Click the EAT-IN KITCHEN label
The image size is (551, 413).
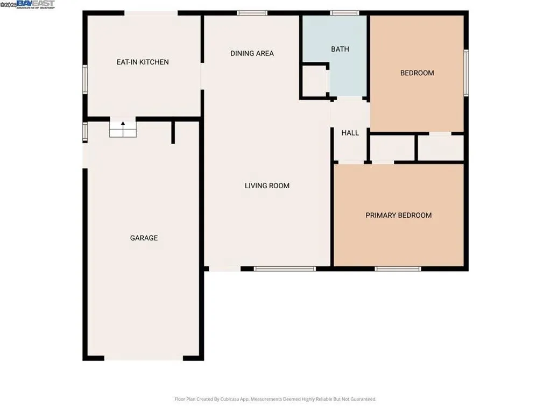[143, 62]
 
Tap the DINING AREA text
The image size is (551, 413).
[252, 53]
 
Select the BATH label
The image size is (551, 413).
[340, 49]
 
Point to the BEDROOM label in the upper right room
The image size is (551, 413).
[416, 73]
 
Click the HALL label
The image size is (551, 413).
[350, 133]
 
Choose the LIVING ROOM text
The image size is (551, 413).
[267, 186]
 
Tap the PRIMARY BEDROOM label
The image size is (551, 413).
[398, 215]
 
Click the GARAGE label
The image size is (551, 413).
[144, 238]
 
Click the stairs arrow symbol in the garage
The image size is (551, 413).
[123, 124]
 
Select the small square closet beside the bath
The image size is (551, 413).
[314, 81]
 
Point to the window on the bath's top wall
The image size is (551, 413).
[345, 12]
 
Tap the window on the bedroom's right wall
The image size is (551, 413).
[466, 73]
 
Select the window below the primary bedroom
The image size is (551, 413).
[398, 268]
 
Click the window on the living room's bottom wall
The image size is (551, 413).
[285, 268]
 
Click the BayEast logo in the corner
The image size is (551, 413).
[35, 4]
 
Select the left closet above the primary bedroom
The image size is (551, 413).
[392, 148]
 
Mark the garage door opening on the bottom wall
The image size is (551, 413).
[144, 358]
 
